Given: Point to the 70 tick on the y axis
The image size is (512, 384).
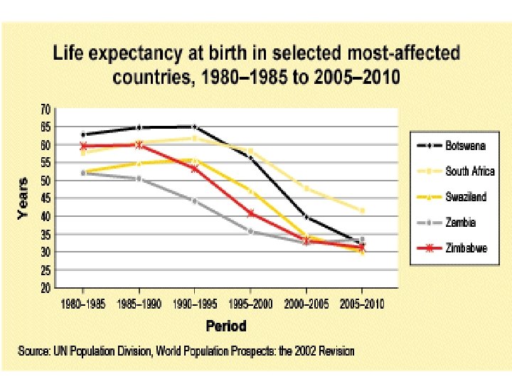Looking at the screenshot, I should [x=44, y=110].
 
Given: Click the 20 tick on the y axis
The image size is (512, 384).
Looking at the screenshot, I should [x=44, y=289].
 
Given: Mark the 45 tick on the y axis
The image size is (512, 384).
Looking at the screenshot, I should [x=44, y=198].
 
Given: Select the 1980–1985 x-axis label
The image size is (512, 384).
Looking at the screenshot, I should [x=83, y=304].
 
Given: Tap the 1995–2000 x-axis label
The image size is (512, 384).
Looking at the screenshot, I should [x=250, y=304].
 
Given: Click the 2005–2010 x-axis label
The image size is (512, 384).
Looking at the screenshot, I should [x=361, y=304].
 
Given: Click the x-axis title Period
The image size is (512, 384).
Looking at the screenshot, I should [x=225, y=326].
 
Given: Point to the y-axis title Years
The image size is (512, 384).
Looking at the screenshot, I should [x=23, y=198].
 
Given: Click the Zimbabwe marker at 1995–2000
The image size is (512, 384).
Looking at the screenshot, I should [x=250, y=213].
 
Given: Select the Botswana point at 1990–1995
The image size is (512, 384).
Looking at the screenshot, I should [x=195, y=127].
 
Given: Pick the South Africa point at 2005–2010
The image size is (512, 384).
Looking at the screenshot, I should [x=361, y=210].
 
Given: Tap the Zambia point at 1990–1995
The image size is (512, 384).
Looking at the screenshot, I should [x=195, y=201].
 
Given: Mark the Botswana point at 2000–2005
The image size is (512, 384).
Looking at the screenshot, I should [x=306, y=217].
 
